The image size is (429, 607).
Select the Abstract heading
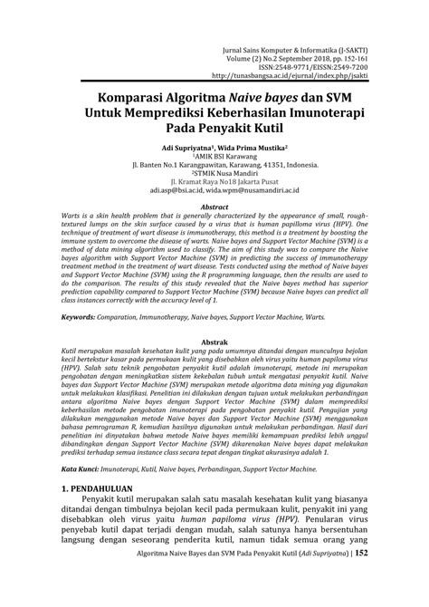214,207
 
